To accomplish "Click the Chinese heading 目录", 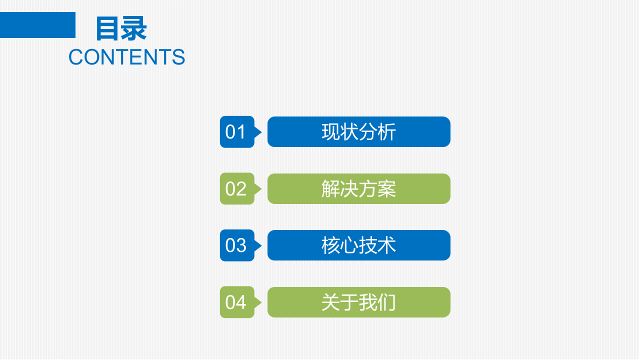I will click(x=121, y=28).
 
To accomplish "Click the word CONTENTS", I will click(x=126, y=57).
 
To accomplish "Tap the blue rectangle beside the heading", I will click(x=37, y=25).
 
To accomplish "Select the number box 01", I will click(x=236, y=132).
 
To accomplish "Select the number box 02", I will click(x=236, y=189).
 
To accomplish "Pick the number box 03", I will click(x=236, y=245).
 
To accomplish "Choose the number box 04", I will click(x=236, y=302).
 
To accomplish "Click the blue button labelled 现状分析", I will click(x=358, y=132).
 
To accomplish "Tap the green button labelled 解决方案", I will click(x=358, y=189).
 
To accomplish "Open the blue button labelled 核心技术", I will click(x=358, y=245).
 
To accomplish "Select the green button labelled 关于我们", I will click(x=358, y=302).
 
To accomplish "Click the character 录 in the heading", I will click(x=134, y=28).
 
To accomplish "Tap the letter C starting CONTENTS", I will click(x=75, y=57).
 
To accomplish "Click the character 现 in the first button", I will click(x=330, y=132).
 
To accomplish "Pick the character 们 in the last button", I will click(x=386, y=302).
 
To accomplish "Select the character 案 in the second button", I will click(x=386, y=189).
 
